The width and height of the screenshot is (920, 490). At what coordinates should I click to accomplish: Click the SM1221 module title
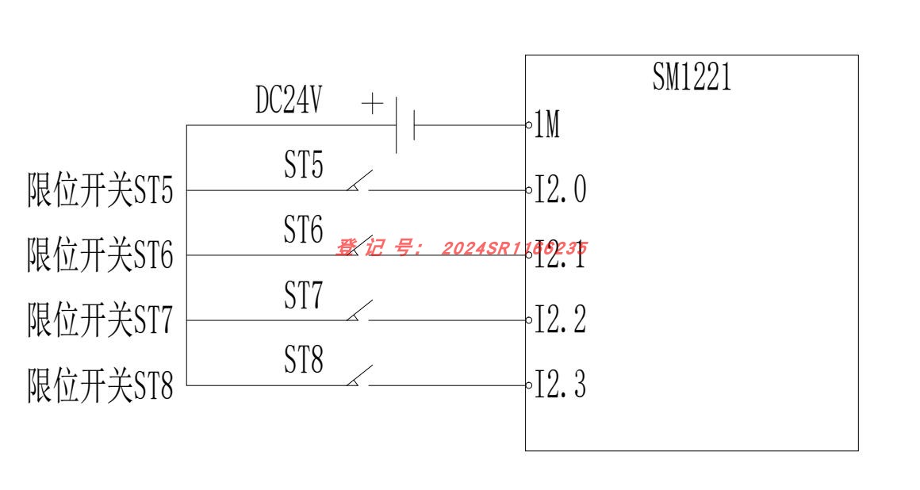pyautogui.click(x=692, y=78)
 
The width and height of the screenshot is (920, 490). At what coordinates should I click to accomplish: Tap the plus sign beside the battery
pyautogui.click(x=372, y=104)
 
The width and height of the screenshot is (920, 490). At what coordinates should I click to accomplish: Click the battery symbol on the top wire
pyautogui.click(x=404, y=125)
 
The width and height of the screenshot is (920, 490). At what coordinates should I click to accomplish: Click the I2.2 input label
pyautogui.click(x=560, y=322)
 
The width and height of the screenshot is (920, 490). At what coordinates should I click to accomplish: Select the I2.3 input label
pyautogui.click(x=560, y=387)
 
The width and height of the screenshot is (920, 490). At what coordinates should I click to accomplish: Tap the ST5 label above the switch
pyautogui.click(x=304, y=168)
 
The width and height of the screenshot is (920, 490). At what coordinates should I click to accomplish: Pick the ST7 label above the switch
pyautogui.click(x=304, y=297)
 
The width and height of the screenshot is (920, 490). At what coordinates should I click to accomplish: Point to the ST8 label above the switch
pyautogui.click(x=304, y=362)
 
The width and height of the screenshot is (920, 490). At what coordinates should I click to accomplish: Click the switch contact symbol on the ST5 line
pyautogui.click(x=359, y=182)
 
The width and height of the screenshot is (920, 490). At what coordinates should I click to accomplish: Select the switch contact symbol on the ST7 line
pyautogui.click(x=359, y=312)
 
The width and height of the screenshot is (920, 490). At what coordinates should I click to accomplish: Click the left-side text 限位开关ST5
pyautogui.click(x=100, y=192)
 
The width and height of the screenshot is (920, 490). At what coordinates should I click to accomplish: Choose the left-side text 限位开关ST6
pyautogui.click(x=100, y=257)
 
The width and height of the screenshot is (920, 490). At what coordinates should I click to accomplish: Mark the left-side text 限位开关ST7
pyautogui.click(x=100, y=322)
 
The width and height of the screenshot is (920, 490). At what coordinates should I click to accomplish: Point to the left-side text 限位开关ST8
pyautogui.click(x=100, y=387)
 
